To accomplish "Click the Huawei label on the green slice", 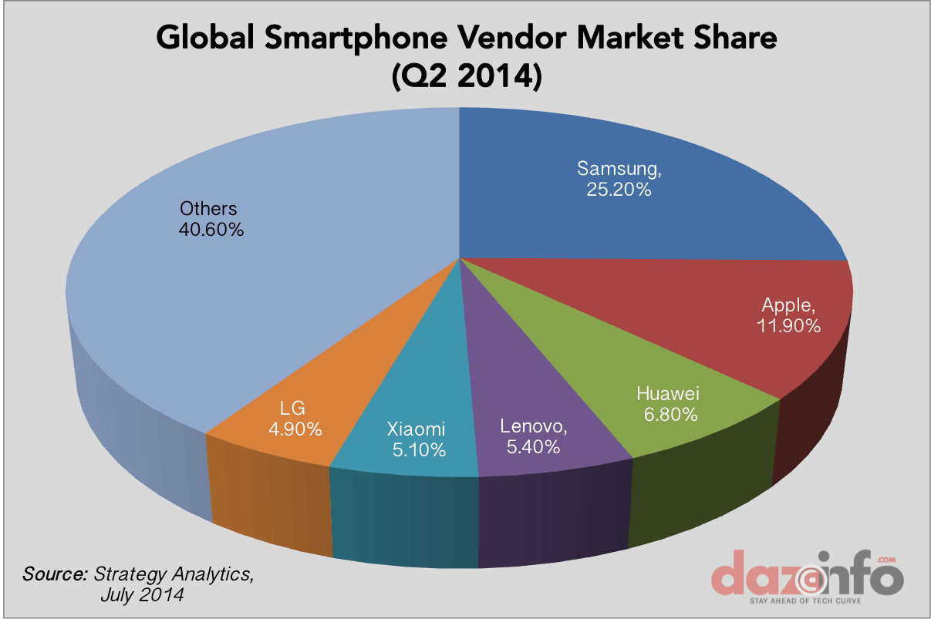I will tap(667, 394).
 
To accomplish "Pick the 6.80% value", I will tap(667, 415).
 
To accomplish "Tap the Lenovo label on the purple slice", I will tap(535, 426).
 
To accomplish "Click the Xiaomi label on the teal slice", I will tap(416, 429).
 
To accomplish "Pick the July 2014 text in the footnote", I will tap(141, 595).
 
